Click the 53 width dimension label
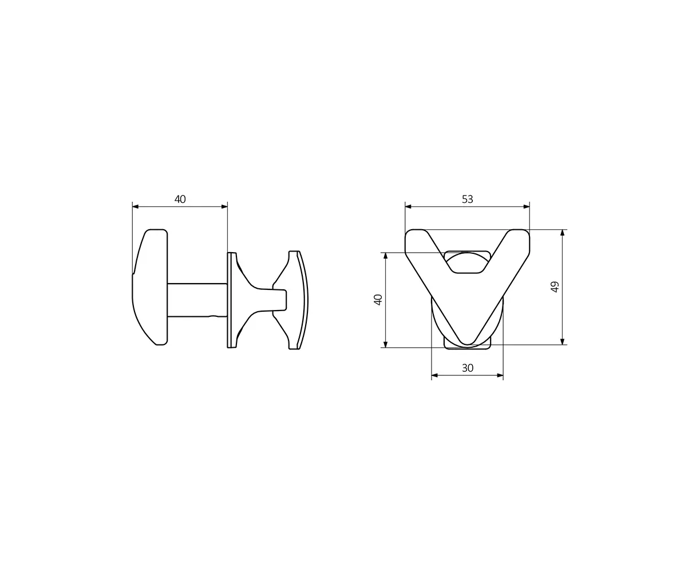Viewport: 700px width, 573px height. (467, 199)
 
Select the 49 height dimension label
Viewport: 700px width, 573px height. (555, 286)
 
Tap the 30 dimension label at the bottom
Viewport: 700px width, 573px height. (467, 368)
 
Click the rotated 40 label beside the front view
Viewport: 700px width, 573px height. (378, 300)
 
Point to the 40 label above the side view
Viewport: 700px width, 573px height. (180, 199)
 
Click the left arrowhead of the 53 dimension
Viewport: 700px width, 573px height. (408, 207)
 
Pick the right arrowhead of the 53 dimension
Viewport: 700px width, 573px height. (527, 207)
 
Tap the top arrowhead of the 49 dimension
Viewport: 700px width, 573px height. (562, 233)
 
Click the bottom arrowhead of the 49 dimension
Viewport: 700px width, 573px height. (562, 342)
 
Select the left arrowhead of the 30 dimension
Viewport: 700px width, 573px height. (434, 375)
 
